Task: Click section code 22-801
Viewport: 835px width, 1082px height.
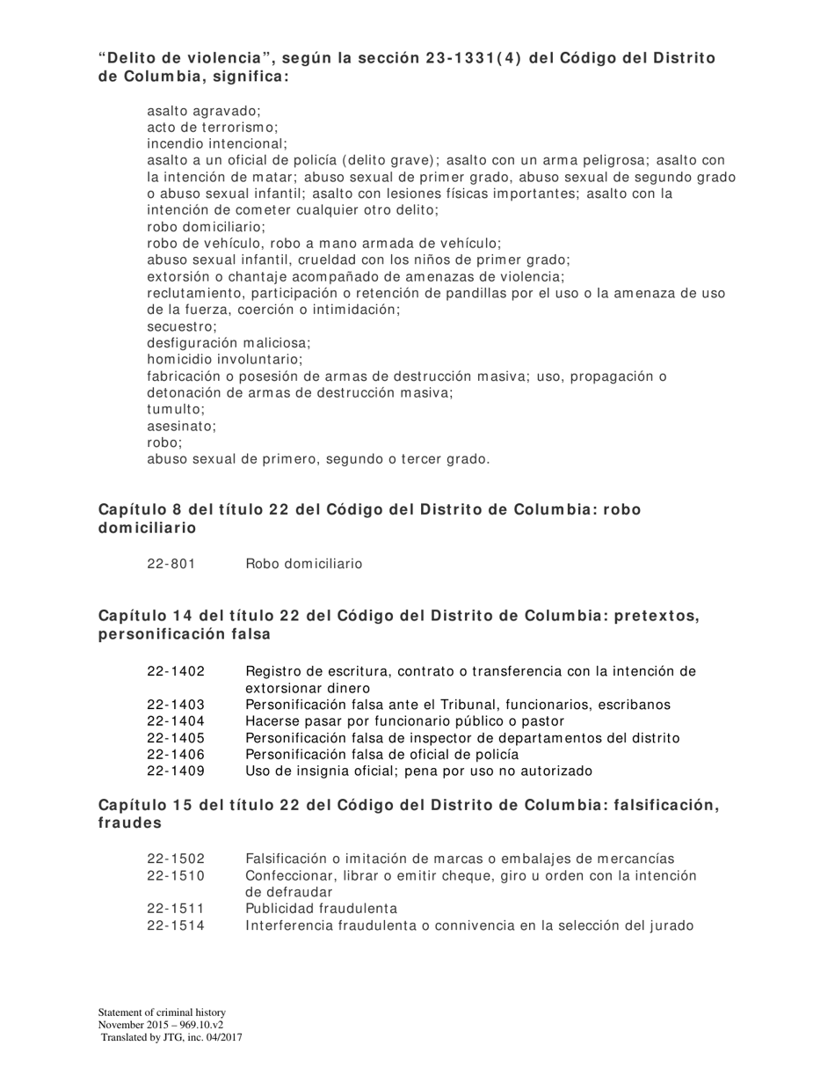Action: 171,564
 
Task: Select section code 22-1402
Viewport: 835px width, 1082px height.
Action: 176,672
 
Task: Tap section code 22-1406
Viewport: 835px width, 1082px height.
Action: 176,755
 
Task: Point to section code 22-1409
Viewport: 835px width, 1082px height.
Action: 176,771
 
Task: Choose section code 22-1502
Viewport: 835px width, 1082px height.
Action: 176,859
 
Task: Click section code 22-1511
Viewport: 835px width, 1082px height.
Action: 176,909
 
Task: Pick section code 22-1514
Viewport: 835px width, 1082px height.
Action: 176,925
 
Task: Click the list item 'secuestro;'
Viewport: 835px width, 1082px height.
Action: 182,326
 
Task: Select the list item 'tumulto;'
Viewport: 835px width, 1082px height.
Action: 176,409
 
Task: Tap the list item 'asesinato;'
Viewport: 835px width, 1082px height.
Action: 181,426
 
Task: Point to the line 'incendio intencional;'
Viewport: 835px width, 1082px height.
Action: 217,143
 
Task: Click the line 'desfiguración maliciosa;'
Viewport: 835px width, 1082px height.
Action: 229,343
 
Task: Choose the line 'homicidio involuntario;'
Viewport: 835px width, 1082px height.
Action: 225,360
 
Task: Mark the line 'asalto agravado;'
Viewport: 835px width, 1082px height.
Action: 204,111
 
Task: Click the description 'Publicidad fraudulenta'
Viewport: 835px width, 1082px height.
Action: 321,909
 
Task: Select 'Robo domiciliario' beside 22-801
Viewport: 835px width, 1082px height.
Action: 303,564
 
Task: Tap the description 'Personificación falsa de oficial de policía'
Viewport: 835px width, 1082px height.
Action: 381,755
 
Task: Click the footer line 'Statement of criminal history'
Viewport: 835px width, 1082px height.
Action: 162,1013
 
